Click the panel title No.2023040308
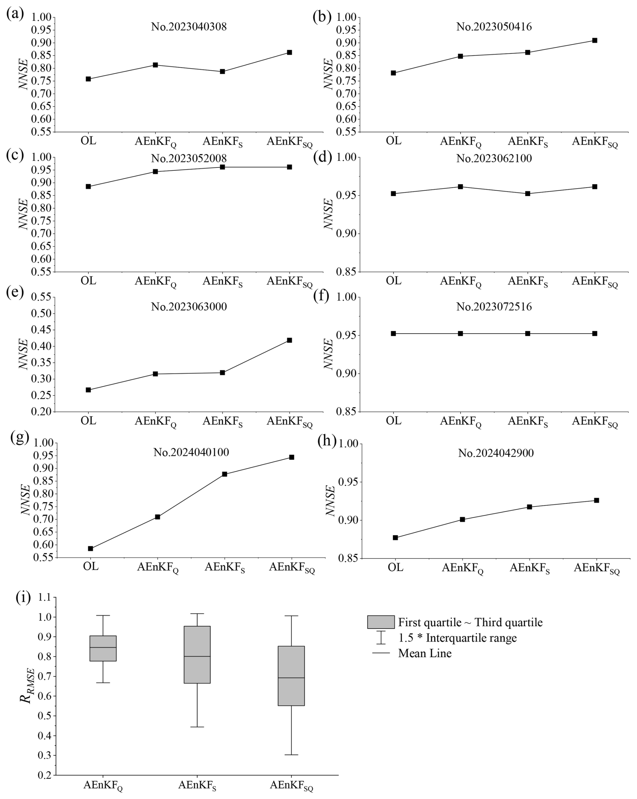coord(189,27)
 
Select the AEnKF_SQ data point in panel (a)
coord(289,52)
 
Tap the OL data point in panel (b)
coord(393,73)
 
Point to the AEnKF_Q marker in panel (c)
coord(156,172)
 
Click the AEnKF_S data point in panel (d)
coord(528,193)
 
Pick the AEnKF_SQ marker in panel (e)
coord(289,340)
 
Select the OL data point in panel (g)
coord(91,548)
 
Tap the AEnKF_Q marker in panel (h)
coord(462,520)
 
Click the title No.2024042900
coord(496,453)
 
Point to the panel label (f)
coord(321,297)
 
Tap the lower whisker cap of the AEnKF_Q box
coord(103,683)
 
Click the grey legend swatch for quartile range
coord(381,622)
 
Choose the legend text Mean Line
coord(425,653)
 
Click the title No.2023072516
coord(494,306)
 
